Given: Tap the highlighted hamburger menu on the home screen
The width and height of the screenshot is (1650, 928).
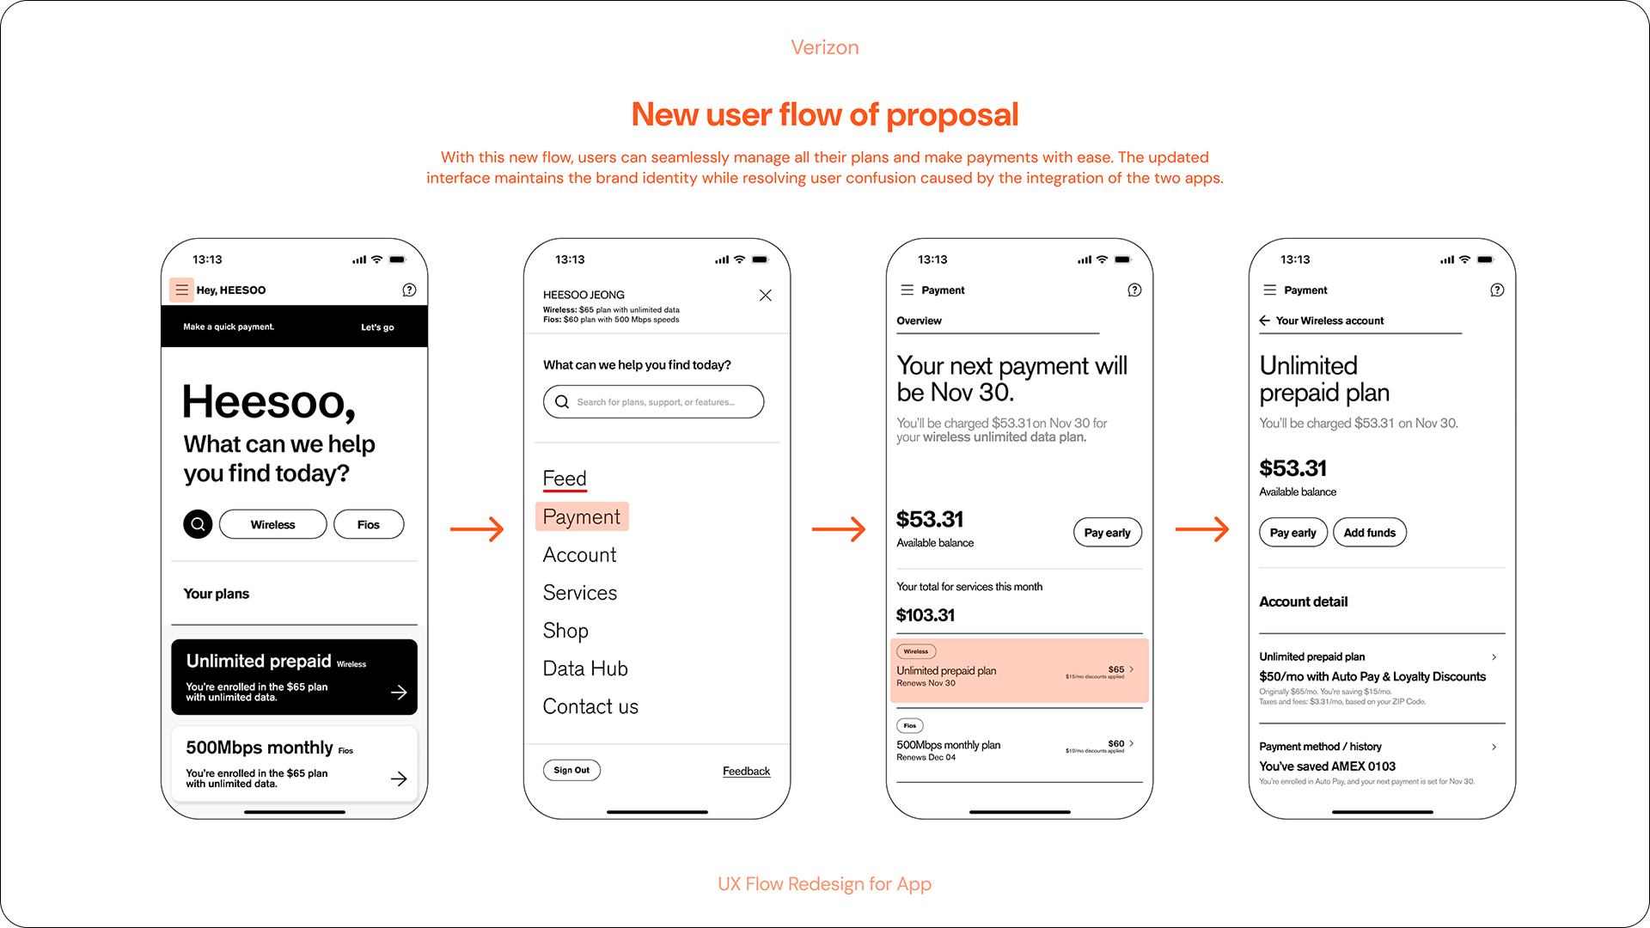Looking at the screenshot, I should (181, 290).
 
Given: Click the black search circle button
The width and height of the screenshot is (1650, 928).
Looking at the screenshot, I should (198, 524).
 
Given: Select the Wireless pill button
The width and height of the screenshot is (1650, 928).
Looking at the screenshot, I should (272, 524).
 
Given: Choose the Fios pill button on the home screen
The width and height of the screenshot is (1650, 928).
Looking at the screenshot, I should (369, 524).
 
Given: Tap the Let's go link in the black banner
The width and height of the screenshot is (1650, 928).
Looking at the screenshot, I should (377, 327).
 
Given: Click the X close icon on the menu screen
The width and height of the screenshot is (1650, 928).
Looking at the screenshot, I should (765, 296).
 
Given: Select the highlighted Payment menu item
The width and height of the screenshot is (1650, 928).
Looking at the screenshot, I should (582, 516).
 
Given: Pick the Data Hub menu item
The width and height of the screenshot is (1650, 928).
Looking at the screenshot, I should (585, 669).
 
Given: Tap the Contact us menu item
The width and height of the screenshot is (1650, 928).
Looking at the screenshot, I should (590, 706).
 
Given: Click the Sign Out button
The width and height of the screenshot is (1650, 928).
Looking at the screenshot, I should (571, 770).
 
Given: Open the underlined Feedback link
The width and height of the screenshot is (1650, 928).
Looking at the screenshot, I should (746, 771).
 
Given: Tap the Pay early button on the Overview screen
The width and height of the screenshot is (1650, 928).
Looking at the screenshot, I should (1107, 533).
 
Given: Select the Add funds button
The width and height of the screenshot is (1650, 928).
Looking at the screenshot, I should (1369, 533).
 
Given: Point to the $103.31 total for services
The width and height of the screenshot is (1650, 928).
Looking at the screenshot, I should (926, 615).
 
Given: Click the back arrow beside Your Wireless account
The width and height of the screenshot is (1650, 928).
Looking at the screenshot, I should (1264, 321).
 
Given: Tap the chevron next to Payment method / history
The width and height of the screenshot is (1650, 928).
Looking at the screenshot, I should (1494, 747).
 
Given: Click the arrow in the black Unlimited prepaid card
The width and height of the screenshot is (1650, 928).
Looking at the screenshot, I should (399, 693).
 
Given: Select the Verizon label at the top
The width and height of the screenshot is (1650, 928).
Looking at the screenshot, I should (825, 47).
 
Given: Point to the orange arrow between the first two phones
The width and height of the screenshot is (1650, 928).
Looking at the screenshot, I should (477, 529).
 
